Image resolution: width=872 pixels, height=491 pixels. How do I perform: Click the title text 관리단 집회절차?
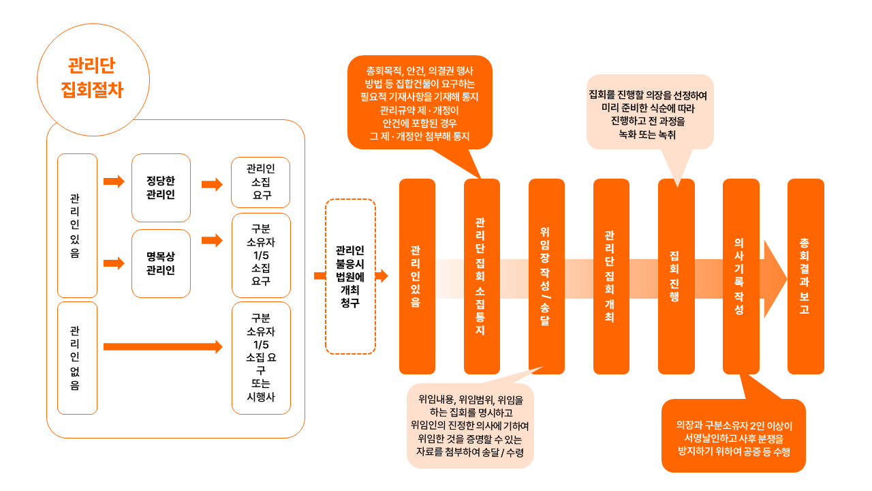(x=91, y=78)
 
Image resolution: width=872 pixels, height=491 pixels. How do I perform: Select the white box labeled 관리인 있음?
(x=77, y=225)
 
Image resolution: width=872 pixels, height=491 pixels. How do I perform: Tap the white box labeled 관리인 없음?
(x=77, y=357)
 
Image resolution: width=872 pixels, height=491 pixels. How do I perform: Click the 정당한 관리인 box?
(x=161, y=188)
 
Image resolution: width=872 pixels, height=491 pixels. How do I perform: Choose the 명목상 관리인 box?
(x=161, y=263)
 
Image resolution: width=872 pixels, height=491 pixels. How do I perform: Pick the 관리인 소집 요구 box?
(x=261, y=182)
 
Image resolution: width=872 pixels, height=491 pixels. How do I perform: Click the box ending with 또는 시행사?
(x=261, y=357)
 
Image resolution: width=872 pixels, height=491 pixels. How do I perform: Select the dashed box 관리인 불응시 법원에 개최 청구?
(x=350, y=276)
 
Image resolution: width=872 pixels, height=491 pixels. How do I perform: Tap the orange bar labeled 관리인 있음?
(x=417, y=276)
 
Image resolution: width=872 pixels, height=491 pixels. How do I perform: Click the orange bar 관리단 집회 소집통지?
(x=482, y=276)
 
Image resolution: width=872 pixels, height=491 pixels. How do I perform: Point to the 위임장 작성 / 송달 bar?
(x=546, y=276)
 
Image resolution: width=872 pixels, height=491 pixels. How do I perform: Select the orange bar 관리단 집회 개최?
(x=611, y=276)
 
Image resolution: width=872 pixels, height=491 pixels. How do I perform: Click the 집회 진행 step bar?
(x=676, y=276)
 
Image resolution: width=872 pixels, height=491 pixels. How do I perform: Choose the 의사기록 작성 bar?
(x=741, y=276)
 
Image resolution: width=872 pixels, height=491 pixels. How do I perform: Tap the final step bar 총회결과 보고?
(x=805, y=276)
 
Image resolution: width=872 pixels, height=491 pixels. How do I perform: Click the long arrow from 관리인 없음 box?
(x=163, y=347)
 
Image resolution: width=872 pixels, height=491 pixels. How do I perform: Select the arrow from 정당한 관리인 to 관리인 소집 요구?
(x=212, y=184)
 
